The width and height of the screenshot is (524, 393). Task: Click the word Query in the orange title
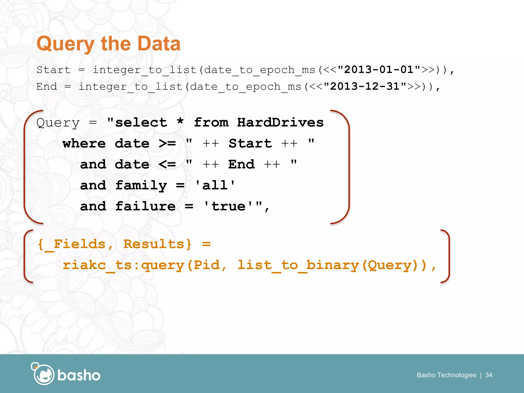pos(65,44)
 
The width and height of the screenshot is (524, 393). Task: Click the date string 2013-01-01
pos(379,70)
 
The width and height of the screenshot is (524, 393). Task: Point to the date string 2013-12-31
pos(365,86)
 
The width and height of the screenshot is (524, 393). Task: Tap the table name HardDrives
pos(280,122)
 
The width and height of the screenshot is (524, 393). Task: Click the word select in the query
pos(141,122)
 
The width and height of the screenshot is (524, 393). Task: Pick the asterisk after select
pos(180,122)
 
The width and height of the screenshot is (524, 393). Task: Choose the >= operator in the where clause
pos(167,143)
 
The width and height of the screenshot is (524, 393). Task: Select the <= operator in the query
pos(167,164)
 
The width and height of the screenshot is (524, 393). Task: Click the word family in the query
pos(141,185)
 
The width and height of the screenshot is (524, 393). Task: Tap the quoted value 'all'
pos(215,185)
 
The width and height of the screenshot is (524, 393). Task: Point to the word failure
pos(145,206)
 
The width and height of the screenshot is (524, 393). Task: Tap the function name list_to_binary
pos(298,265)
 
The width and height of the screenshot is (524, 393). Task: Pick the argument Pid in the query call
pos(207,265)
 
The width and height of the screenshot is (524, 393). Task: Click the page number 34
pos(489,375)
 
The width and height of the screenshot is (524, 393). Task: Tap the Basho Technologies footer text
pos(446,375)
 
